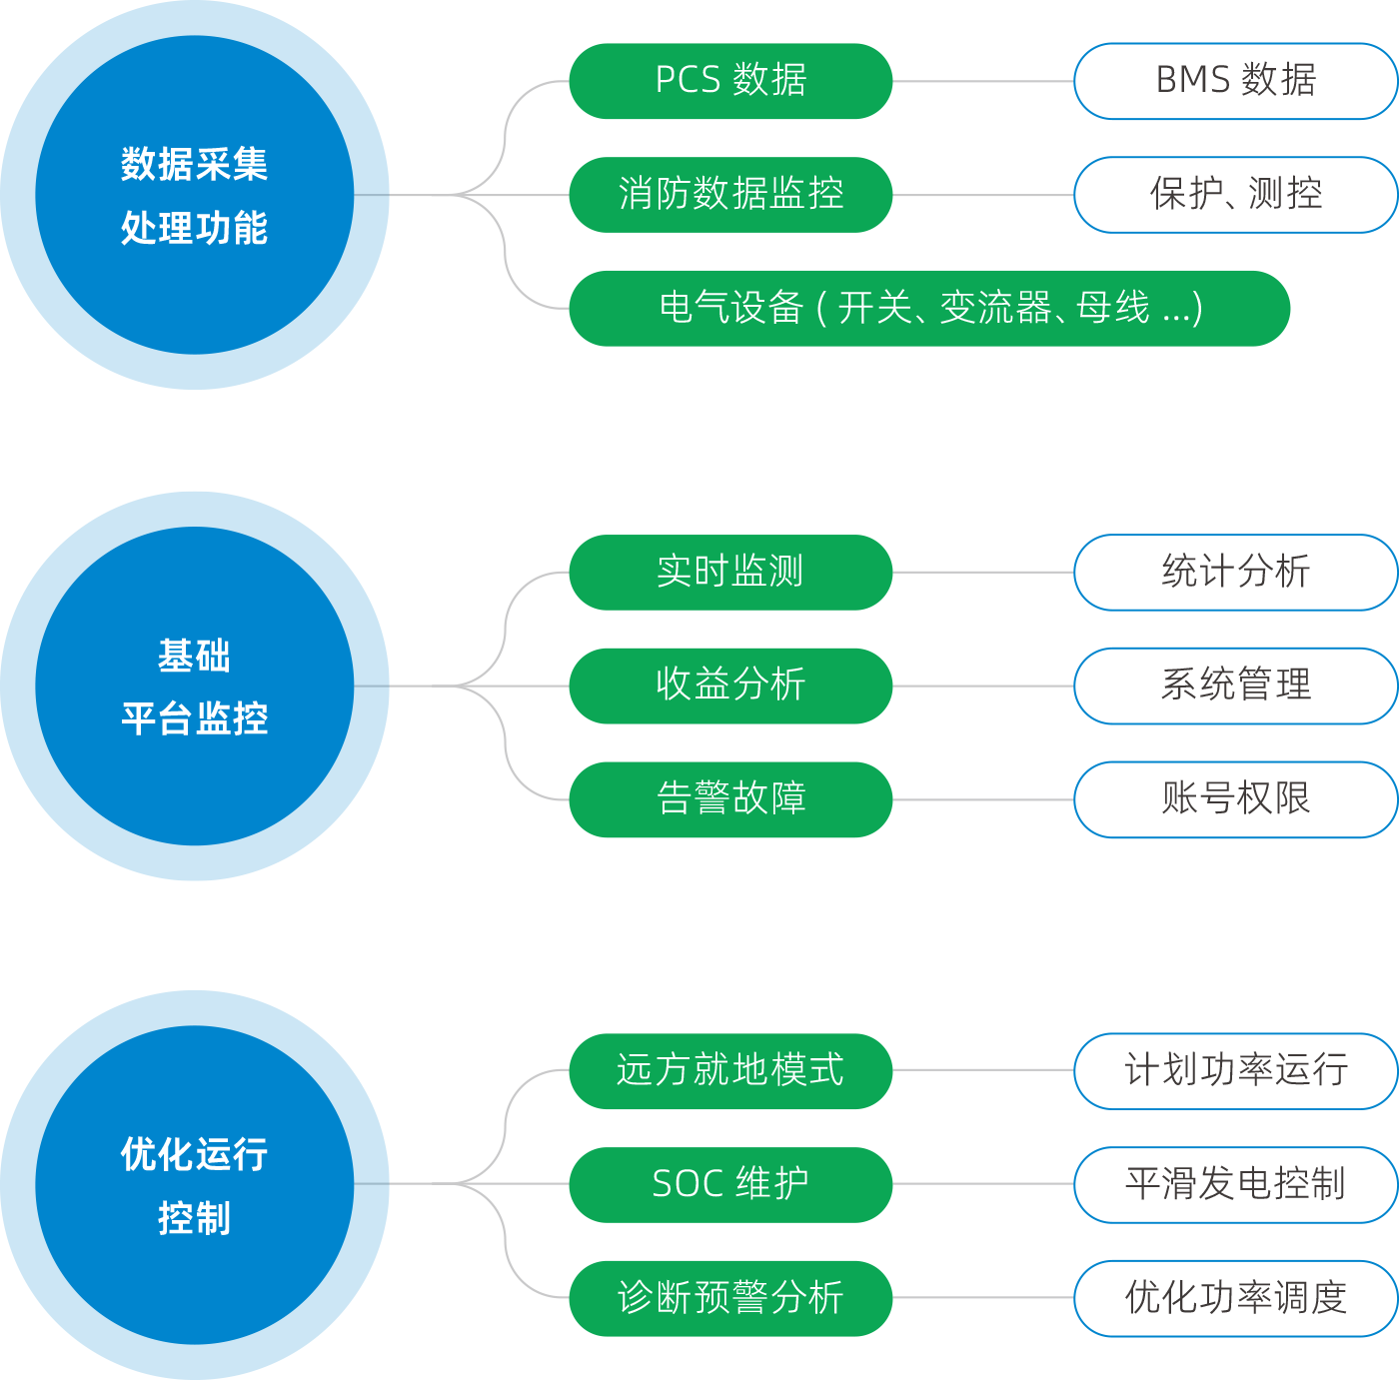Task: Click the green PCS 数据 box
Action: (x=730, y=81)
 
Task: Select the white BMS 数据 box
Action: (x=1235, y=81)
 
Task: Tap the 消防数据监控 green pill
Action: (x=730, y=195)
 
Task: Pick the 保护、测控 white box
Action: (x=1235, y=195)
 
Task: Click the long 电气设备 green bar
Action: (x=929, y=309)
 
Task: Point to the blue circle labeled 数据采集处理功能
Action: (x=194, y=195)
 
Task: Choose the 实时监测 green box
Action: (x=730, y=573)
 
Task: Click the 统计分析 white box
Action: (x=1235, y=573)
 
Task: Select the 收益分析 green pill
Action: (x=730, y=686)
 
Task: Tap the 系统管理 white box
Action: (x=1235, y=686)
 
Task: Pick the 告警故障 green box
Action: (x=730, y=799)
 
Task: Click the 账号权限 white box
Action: (x=1235, y=799)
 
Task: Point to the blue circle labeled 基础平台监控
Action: (x=194, y=686)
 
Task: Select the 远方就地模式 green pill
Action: (x=730, y=1071)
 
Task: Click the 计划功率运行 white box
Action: (x=1235, y=1071)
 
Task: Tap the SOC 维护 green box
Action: (x=730, y=1184)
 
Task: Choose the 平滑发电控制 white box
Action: (x=1235, y=1184)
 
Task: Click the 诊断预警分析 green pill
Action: (x=730, y=1298)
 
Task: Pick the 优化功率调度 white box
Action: (x=1235, y=1298)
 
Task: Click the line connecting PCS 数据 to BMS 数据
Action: (x=983, y=81)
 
